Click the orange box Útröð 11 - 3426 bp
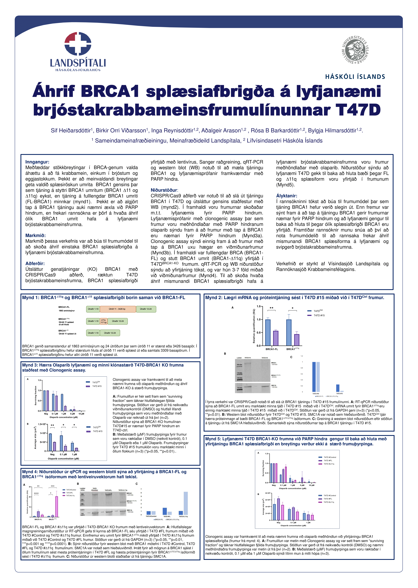[118, 309]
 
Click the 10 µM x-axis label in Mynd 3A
[81, 414]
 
